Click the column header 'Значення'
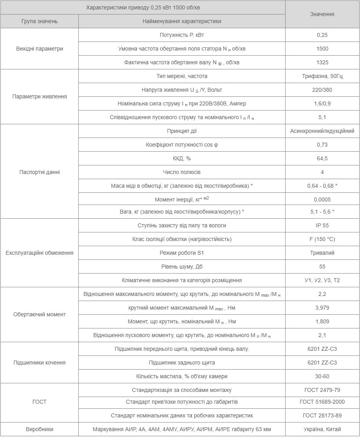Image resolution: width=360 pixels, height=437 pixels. tap(322, 14)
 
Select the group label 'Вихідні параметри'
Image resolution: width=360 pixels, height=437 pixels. tap(39, 49)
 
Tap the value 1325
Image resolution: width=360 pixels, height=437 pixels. tap(322, 62)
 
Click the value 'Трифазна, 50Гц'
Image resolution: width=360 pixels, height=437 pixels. tap(322, 76)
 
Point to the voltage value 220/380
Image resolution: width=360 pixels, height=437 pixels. tap(322, 90)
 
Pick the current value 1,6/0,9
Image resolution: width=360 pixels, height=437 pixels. tap(322, 103)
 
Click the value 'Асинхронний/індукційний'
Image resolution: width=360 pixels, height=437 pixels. tap(322, 131)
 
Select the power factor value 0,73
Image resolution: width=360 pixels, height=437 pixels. tap(322, 145)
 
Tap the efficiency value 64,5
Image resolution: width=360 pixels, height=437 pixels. tap(322, 158)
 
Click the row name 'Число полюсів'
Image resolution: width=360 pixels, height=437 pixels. tap(182, 172)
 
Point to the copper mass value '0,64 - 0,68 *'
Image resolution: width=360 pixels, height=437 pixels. tap(322, 186)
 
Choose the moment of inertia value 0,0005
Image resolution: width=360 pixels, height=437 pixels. tap(322, 199)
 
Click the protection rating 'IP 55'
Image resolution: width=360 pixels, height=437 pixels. tap(322, 225)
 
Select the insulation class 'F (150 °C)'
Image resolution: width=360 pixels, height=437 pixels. tap(322, 239)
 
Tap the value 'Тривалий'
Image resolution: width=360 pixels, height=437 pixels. tap(322, 253)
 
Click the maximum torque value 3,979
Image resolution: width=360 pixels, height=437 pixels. tap(322, 308)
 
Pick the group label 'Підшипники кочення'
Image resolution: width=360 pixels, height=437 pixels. tap(39, 363)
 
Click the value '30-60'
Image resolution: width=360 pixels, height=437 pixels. tap(322, 376)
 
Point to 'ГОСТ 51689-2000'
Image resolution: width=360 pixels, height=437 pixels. tap(322, 402)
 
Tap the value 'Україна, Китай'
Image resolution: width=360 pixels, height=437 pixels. tap(322, 429)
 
